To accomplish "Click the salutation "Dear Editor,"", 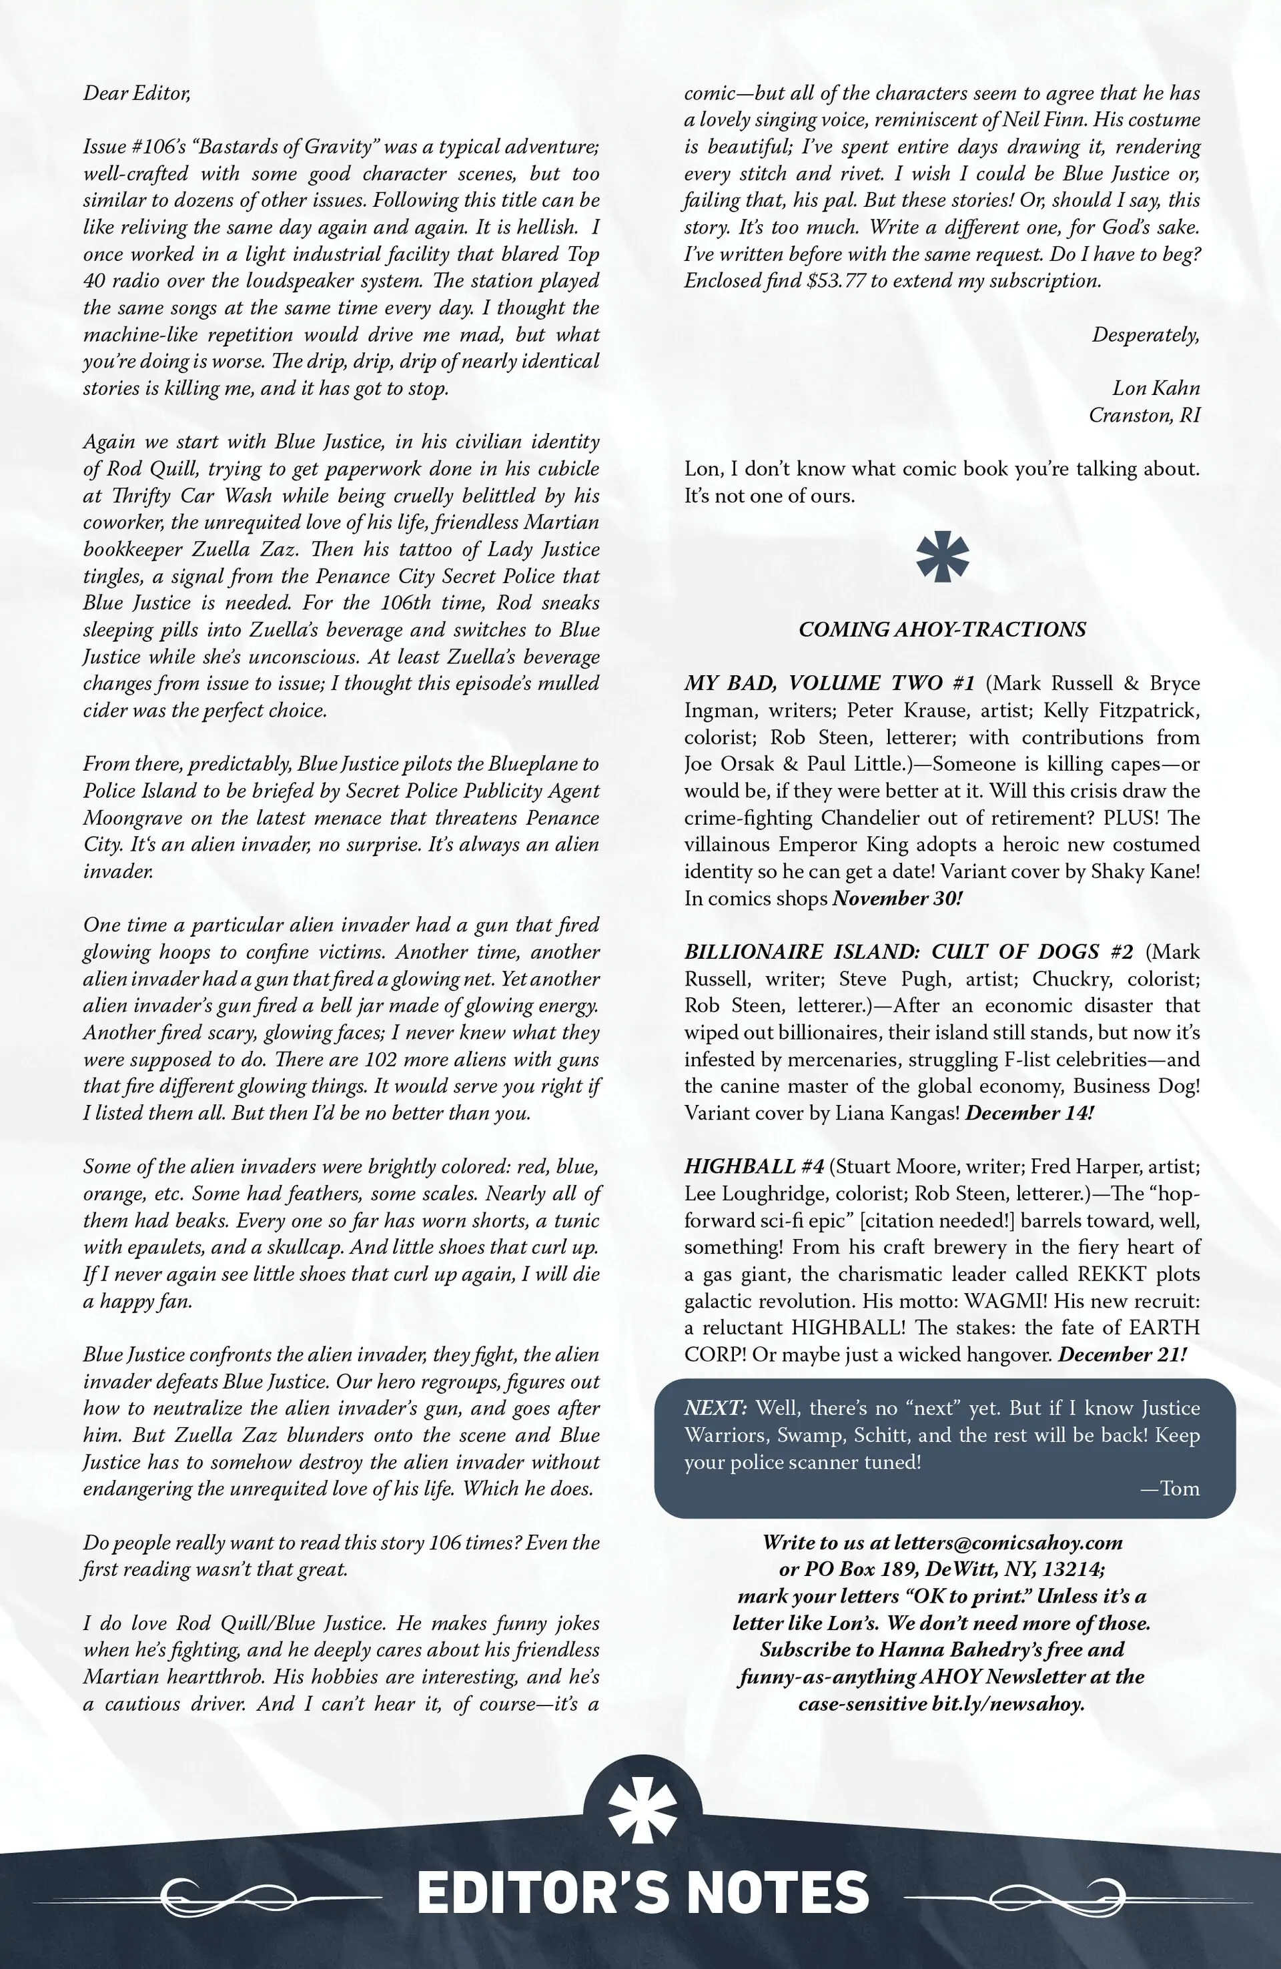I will point(137,93).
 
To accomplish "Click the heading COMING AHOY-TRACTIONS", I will point(941,630).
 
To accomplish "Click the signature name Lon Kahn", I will point(1155,389).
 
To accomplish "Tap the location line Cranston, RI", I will point(1144,415).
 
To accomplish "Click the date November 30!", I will point(897,899).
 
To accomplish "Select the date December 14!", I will point(1029,1113).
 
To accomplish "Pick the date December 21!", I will point(1122,1354).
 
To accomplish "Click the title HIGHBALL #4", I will point(754,1166).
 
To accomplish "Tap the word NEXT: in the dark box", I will point(716,1408).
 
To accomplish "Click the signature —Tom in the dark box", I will point(1170,1489).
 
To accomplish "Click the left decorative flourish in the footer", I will point(207,1893).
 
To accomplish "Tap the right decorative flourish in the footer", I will point(1076,1893).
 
